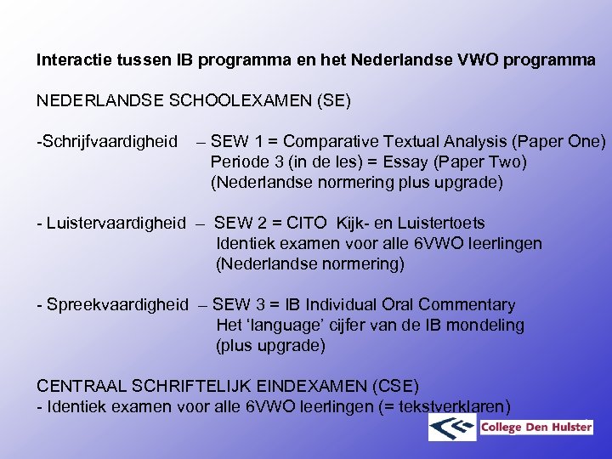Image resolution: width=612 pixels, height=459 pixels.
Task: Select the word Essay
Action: pos(408,161)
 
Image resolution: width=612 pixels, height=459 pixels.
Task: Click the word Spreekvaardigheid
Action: pos(117,304)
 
